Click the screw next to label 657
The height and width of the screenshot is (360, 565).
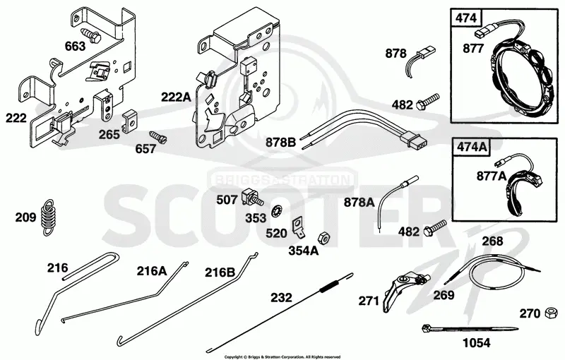pos(157,137)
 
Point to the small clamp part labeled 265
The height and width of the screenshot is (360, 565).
pos(129,121)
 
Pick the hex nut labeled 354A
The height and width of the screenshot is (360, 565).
pos(323,238)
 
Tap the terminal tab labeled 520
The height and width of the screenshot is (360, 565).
pos(298,228)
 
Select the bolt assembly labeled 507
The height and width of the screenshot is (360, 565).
pos(253,196)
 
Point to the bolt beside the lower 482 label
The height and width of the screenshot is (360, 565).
pos(435,227)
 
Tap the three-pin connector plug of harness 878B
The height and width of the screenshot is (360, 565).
pos(414,140)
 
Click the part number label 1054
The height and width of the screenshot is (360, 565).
pos(476,343)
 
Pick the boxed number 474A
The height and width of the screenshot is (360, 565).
pos(471,147)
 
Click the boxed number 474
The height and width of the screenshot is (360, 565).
pos(466,18)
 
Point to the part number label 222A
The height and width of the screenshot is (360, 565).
pos(176,97)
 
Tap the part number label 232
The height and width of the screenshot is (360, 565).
pos(281,297)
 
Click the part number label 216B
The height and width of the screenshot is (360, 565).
pos(220,272)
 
